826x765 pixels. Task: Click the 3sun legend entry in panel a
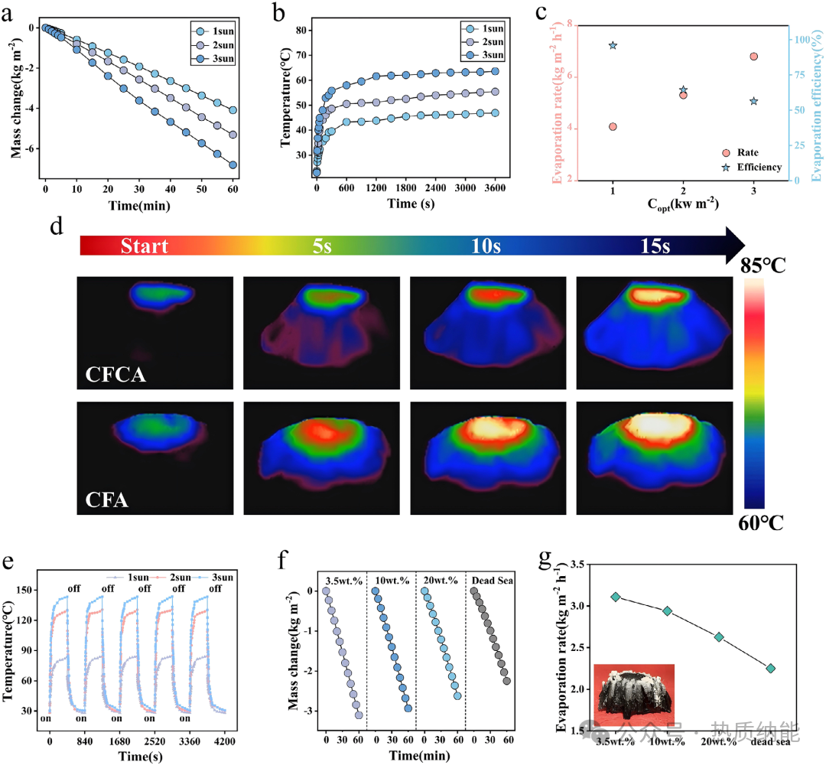coord(214,58)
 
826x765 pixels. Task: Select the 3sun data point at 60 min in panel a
coord(233,165)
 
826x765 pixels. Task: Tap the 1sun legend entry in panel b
coord(483,28)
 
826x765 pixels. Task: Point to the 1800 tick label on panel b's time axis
coord(405,188)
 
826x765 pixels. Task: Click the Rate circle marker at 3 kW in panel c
coord(754,57)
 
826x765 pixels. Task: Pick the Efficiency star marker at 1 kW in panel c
coord(613,45)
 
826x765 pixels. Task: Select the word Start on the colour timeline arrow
coord(145,246)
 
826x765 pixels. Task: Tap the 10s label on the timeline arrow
coord(486,246)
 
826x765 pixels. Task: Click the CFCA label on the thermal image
coord(115,375)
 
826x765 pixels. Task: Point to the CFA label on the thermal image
coord(107,500)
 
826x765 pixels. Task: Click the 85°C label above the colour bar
coord(763,265)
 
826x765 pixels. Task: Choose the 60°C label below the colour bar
coord(761,522)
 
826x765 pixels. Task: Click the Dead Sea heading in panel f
coord(492,580)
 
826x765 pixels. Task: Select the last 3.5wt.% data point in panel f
coord(359,715)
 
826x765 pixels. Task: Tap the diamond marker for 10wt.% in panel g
coord(668,610)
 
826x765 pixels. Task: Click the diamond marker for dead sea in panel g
coord(771,668)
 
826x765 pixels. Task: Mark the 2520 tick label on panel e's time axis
coord(154,741)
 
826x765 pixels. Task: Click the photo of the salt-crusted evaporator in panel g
coord(634,695)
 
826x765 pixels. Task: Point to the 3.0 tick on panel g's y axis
coord(577,606)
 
